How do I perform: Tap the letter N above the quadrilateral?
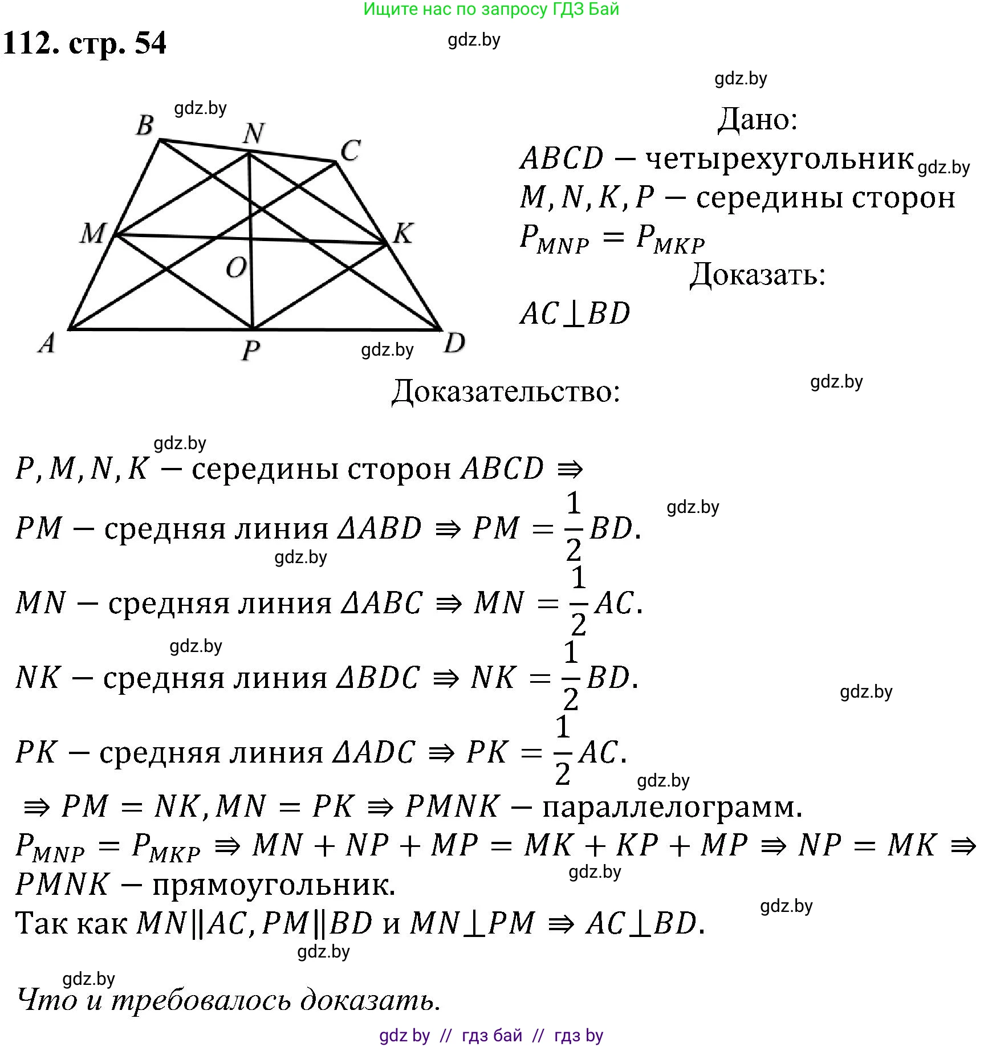(x=253, y=133)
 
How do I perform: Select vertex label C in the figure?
(x=350, y=150)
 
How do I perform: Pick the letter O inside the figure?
(x=236, y=267)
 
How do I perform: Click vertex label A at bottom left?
(x=47, y=343)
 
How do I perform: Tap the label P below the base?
(x=251, y=349)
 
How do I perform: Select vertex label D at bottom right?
(x=454, y=343)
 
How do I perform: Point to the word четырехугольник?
(x=779, y=158)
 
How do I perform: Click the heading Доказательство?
(x=506, y=392)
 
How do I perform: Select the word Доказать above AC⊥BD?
(x=758, y=275)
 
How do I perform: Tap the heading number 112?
(x=31, y=43)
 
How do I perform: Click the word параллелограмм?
(x=672, y=807)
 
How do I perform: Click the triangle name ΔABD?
(x=380, y=528)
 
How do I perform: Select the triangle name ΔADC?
(x=374, y=752)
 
